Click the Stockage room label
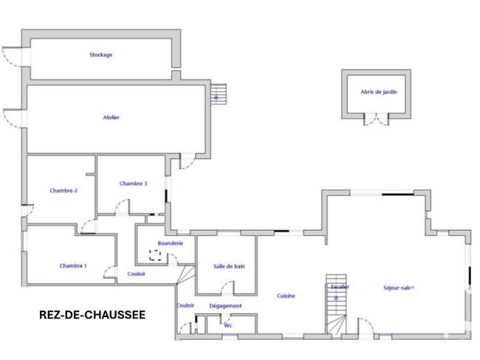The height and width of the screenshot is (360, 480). pos(100,55)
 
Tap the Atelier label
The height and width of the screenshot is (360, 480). pos(111,118)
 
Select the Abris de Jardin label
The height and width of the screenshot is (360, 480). pos(379,92)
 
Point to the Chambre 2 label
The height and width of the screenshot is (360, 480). pos(64,191)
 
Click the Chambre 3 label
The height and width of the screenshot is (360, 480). pos(133,183)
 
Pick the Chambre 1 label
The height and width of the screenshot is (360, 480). pos(73,265)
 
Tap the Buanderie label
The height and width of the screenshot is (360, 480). pos(170,243)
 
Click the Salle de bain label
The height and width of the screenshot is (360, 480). pos(229,266)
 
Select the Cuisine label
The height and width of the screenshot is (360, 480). pos(286,296)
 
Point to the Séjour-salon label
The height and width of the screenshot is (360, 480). pos(399,288)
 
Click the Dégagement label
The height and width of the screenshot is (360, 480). pos(225,306)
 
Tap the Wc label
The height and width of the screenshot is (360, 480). pos(228,325)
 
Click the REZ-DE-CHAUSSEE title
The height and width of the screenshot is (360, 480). pos(92,315)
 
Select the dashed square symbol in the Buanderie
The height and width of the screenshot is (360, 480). pos(155,255)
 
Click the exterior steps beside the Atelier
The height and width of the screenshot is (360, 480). pos(219,94)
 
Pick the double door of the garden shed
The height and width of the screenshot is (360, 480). pos(376,119)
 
